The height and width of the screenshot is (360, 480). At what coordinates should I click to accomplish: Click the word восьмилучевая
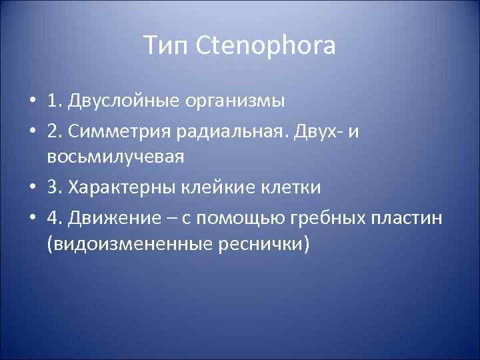[x=115, y=158]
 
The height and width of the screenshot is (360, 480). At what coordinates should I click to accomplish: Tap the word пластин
[x=409, y=217]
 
